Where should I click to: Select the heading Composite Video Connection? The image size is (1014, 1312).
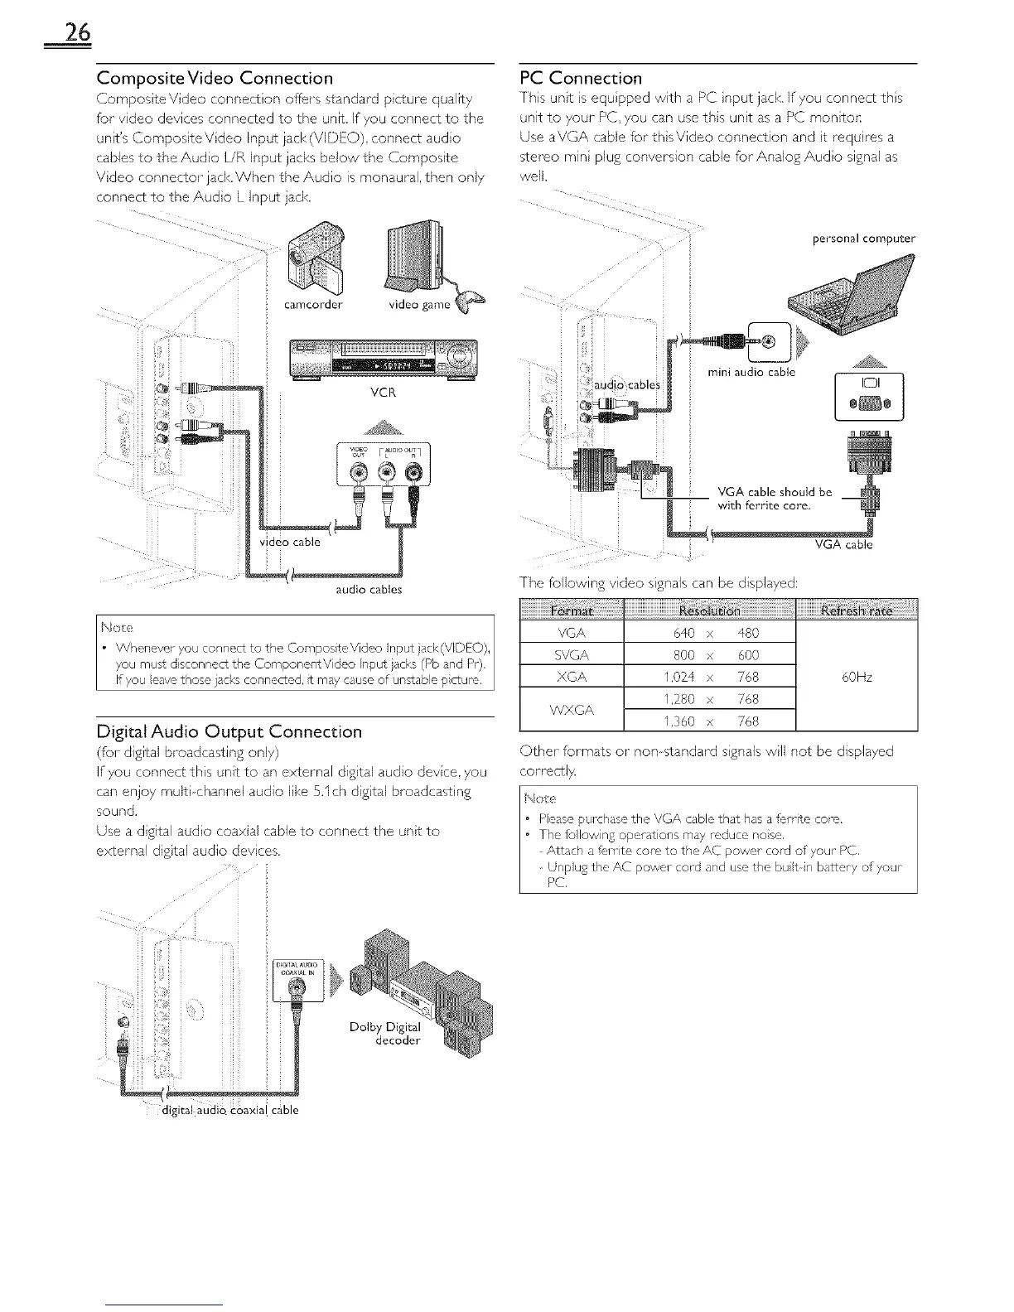click(215, 79)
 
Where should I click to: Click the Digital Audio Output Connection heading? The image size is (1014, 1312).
click(229, 731)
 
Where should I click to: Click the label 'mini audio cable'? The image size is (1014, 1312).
click(751, 372)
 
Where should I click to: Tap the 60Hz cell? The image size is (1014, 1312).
click(857, 677)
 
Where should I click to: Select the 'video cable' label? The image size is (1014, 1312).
click(286, 542)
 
